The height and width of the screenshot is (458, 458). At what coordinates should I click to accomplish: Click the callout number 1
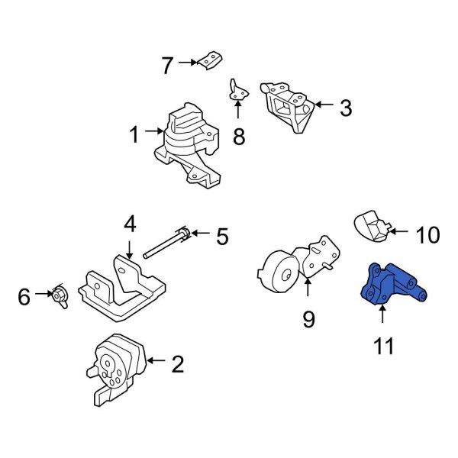[134, 137]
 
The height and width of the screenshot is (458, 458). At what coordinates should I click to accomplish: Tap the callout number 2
[177, 365]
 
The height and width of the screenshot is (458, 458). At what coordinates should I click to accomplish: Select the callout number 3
[345, 108]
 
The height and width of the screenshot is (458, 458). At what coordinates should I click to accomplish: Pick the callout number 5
[222, 237]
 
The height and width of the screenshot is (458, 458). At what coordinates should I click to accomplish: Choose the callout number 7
[167, 66]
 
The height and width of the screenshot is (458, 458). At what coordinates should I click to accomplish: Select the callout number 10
[429, 234]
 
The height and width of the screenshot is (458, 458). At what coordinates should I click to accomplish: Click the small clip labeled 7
[211, 60]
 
